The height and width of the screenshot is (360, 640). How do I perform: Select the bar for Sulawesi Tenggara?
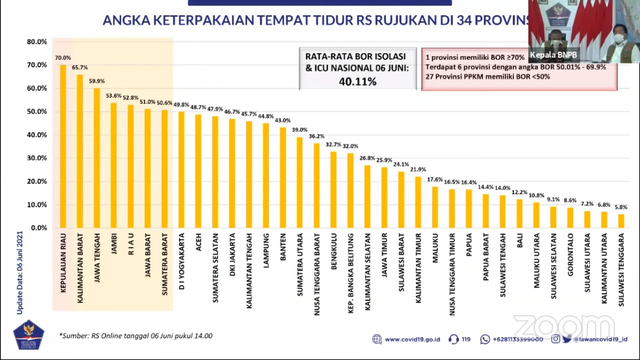[622, 221]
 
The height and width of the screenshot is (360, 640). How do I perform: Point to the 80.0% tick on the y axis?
[35, 42]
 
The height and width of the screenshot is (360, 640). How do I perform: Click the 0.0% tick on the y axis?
[36, 228]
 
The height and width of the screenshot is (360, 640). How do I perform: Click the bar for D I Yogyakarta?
[182, 170]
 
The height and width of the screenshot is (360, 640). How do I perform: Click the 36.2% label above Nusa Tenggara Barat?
[317, 136]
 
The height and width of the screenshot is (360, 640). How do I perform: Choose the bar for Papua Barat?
[486, 211]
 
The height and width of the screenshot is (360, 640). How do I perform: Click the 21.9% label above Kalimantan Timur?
[418, 169]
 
